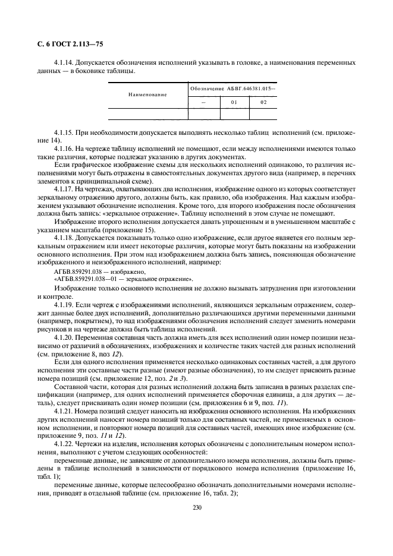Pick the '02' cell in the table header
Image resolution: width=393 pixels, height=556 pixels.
pos(264,102)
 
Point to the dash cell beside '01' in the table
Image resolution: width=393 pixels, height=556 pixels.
pos(203,102)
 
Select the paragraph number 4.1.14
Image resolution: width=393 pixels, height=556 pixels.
pos(65,62)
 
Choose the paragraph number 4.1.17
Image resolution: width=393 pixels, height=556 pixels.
pos(65,188)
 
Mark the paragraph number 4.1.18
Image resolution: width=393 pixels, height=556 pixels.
pos(65,237)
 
